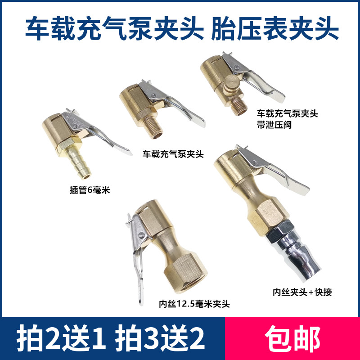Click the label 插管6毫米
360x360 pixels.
click(87, 190)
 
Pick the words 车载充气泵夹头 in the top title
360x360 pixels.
click(112, 28)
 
